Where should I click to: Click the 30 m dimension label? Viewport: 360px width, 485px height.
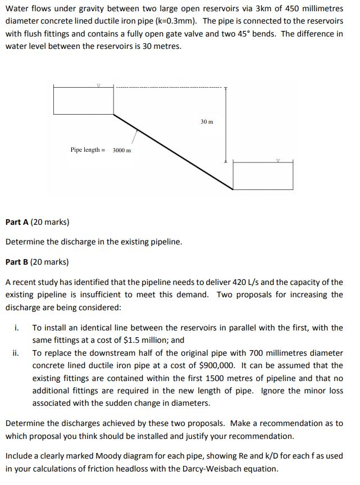coord(207,122)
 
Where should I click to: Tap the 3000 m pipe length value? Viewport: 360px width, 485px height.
coord(121,150)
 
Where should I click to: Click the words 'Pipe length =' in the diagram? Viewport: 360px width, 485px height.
coord(88,150)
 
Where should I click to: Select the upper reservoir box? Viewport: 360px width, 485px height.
coord(84,99)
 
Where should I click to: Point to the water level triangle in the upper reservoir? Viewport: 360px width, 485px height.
coord(99,85)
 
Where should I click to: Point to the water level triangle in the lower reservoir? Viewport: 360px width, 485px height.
coord(278,161)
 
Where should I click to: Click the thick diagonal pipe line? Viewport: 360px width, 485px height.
coord(173,152)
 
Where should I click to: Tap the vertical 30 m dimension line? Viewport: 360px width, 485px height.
coord(226,125)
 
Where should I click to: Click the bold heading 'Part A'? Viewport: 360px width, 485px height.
coord(17,222)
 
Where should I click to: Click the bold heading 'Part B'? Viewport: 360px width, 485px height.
coord(17,262)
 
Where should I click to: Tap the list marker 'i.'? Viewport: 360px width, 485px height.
coord(17,328)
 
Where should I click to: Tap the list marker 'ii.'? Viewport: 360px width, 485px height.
coord(16,353)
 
